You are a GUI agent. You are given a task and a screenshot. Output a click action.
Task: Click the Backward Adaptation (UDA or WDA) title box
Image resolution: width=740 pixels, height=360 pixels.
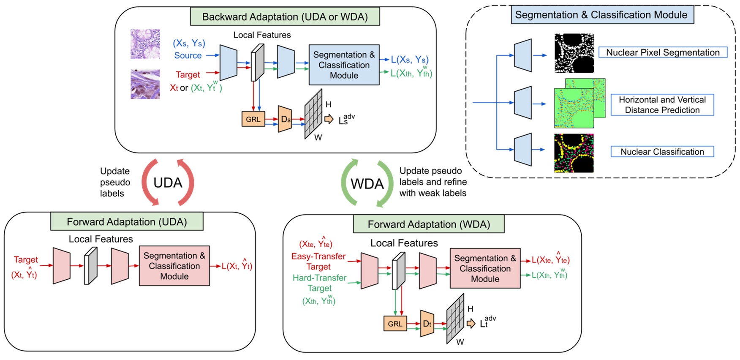[x=285, y=17]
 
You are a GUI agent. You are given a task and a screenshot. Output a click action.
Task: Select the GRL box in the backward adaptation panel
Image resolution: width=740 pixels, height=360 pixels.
[x=253, y=119]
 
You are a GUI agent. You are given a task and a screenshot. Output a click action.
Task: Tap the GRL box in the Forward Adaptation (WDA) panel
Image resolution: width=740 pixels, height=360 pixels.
[x=395, y=324]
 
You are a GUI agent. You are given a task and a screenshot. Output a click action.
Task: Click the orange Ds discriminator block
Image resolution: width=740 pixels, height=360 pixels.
[x=285, y=119]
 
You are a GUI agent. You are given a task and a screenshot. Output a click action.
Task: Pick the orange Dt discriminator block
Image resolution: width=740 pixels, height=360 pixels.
[x=427, y=324]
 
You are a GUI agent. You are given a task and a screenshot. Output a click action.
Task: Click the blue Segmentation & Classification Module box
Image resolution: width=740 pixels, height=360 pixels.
[x=344, y=65]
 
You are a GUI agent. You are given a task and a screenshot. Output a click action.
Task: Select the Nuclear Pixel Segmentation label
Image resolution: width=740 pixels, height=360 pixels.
[x=662, y=52]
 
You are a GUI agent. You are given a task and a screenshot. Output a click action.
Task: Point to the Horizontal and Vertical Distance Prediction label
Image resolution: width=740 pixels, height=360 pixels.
[x=662, y=105]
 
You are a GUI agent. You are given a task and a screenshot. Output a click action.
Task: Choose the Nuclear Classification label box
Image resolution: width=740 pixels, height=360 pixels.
[x=662, y=152]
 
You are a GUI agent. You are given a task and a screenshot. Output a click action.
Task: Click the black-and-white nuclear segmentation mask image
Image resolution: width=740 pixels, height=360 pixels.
[x=574, y=53]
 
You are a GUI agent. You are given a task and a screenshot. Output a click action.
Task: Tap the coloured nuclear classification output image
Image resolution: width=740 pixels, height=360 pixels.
[x=574, y=153]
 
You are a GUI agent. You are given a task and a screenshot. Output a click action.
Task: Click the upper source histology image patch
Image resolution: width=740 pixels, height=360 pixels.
[x=145, y=44]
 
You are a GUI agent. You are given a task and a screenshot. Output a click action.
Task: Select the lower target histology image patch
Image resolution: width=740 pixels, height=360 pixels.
[x=145, y=85]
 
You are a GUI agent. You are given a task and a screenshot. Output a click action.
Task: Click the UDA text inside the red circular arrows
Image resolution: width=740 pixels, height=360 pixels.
[x=168, y=183]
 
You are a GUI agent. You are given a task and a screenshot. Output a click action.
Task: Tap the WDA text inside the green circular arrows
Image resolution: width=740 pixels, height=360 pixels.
[x=367, y=184]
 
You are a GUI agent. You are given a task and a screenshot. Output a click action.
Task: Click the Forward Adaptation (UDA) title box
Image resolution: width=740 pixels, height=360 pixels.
[x=127, y=222]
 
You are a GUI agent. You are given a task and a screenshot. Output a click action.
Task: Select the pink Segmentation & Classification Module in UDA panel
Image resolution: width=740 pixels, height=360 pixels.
[x=174, y=266]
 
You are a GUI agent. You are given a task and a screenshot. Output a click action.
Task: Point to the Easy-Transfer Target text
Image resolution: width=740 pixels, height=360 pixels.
[x=318, y=261]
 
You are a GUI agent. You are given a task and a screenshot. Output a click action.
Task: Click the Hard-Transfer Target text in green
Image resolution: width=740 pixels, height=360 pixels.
[x=320, y=283]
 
